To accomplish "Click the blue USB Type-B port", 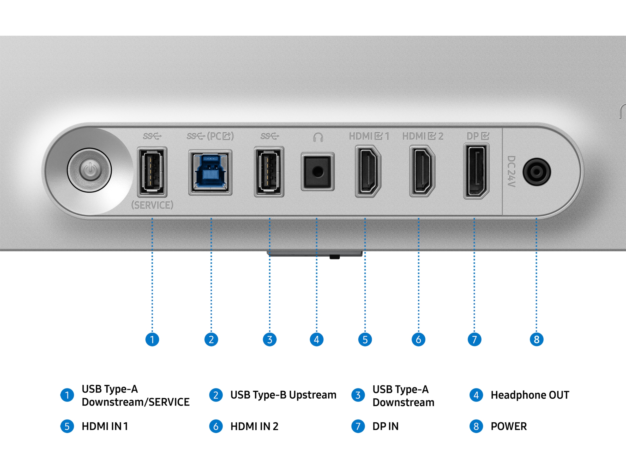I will click(210, 172).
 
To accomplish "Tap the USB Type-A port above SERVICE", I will click(152, 172).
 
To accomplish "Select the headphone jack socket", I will click(317, 172).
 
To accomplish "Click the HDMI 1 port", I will click(368, 171).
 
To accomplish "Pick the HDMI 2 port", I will click(422, 171).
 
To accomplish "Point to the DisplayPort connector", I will click(476, 171).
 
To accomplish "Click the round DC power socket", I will click(536, 172).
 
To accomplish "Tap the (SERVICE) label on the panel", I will click(152, 205).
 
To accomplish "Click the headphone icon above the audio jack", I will click(318, 137).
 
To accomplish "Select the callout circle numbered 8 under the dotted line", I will click(536, 339).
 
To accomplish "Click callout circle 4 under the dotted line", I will click(316, 339).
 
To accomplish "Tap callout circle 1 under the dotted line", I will click(152, 339).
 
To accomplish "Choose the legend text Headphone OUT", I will click(530, 395).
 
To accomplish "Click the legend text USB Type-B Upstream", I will click(283, 395).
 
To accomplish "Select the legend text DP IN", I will click(385, 426).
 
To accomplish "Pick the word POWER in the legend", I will click(509, 426).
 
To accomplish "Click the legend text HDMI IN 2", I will click(254, 426).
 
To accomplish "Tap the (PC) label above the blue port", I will click(220, 136).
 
